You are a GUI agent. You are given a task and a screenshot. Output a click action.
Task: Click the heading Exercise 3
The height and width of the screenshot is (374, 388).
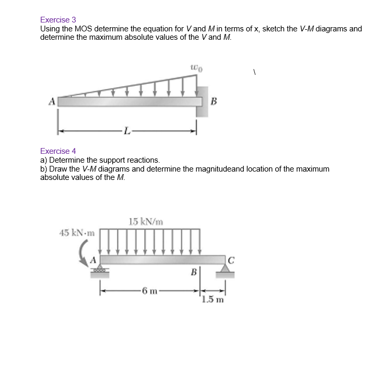coord(58,20)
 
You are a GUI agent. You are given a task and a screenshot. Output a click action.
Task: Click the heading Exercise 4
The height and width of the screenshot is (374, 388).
coord(58,151)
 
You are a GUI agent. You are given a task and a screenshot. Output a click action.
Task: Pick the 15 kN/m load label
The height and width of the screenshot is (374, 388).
coord(146,221)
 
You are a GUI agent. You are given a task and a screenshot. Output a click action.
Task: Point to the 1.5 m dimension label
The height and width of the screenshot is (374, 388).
coord(213,300)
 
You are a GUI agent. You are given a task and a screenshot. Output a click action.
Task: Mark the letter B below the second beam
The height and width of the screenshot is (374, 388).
coord(194,272)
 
